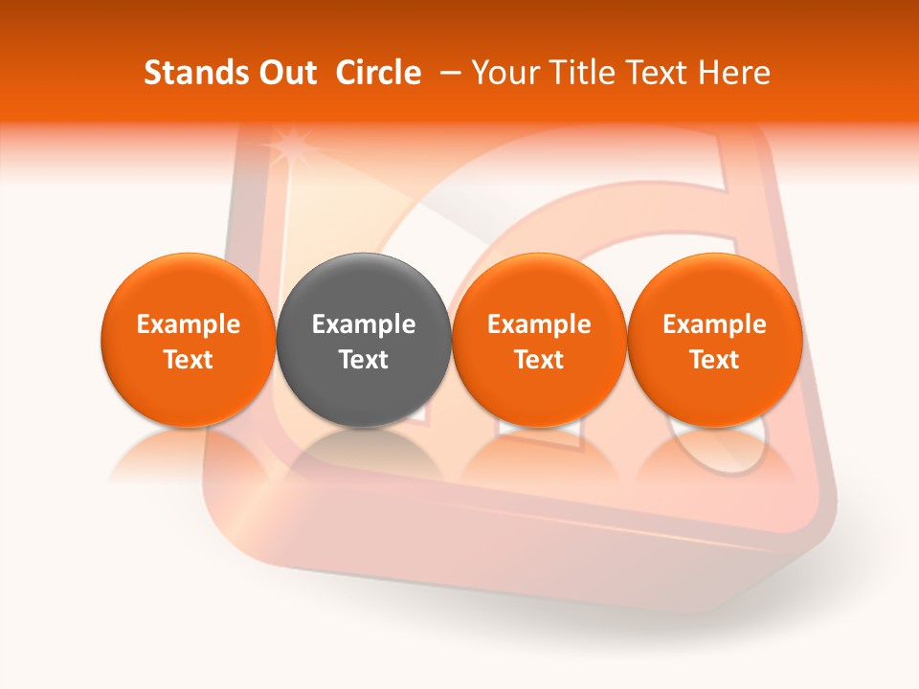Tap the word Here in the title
coord(733,73)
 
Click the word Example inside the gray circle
coord(364,324)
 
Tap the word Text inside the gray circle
coord(364,360)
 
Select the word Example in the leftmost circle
coord(188,324)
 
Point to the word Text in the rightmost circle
coord(714,360)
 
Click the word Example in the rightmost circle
coord(714,324)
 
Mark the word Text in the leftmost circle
coord(188,360)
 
